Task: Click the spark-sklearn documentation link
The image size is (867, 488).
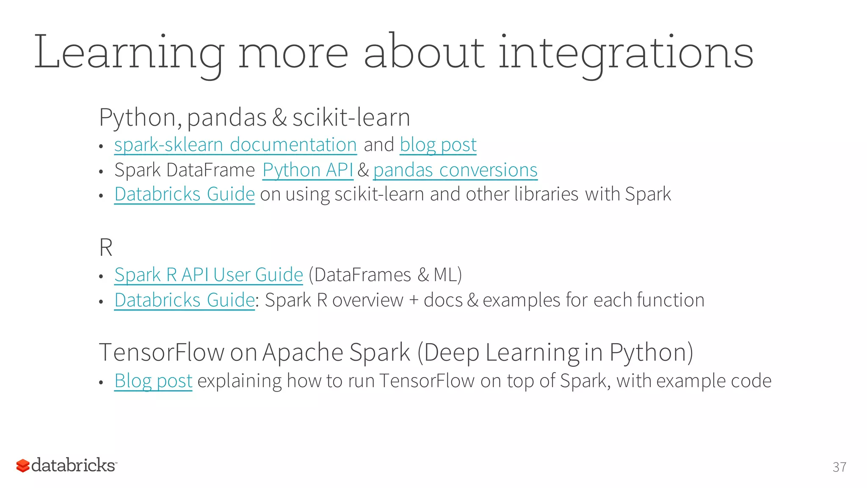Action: click(235, 145)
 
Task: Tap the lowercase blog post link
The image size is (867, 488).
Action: click(438, 145)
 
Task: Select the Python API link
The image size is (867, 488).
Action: click(308, 170)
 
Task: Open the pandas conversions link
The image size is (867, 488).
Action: click(455, 170)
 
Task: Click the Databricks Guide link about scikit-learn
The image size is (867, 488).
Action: click(184, 194)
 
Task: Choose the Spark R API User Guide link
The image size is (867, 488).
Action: click(208, 275)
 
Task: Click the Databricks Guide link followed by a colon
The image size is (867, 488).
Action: click(184, 300)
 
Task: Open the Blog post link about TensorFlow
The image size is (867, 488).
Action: click(153, 381)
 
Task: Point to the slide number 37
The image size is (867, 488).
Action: click(839, 467)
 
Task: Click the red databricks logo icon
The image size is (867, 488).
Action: click(23, 466)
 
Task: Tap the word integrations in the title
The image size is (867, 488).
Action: click(626, 53)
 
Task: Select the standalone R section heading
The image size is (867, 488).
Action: click(105, 248)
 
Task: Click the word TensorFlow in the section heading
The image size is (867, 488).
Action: click(161, 352)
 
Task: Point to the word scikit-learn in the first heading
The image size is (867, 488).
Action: click(351, 117)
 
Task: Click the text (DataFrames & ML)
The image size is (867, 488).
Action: click(385, 275)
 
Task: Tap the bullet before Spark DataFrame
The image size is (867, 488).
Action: click(101, 172)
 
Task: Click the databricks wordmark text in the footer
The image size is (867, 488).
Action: click(73, 465)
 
